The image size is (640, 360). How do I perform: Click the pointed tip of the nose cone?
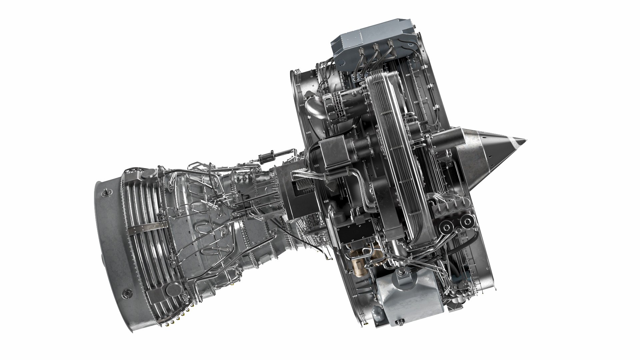pos(525,140)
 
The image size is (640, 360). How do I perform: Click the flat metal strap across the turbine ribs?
pos(147,227)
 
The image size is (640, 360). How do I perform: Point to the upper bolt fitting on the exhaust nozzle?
pos(107,192)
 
